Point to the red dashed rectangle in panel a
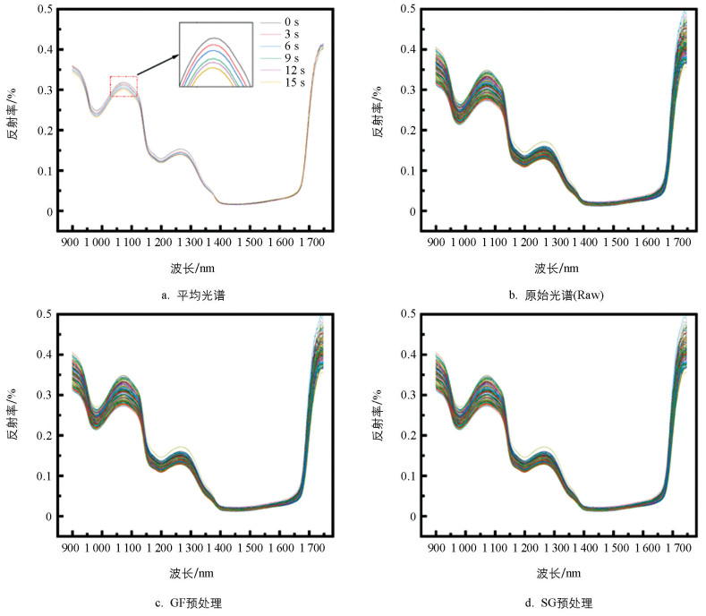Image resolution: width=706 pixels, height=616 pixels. (123, 86)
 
